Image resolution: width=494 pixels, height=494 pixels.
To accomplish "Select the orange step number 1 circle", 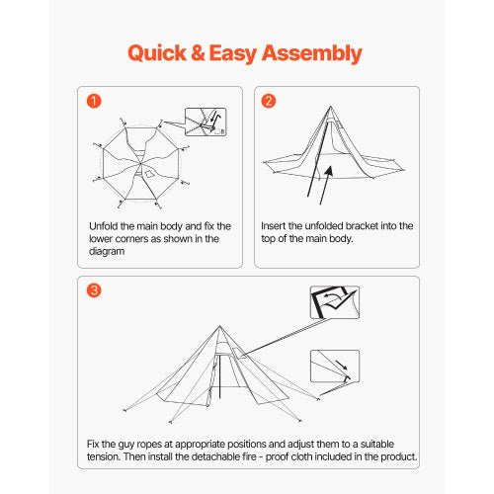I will [94, 101].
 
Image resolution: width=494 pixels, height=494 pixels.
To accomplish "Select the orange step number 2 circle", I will [270, 101].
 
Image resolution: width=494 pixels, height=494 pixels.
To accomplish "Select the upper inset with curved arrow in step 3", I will [334, 302].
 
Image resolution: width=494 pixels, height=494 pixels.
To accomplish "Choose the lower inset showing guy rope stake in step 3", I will [334, 367].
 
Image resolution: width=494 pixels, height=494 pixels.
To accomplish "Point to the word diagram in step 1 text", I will [108, 252].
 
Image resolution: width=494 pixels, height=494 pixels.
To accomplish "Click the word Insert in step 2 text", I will [276, 226].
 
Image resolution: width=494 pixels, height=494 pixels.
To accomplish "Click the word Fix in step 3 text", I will [93, 444].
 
